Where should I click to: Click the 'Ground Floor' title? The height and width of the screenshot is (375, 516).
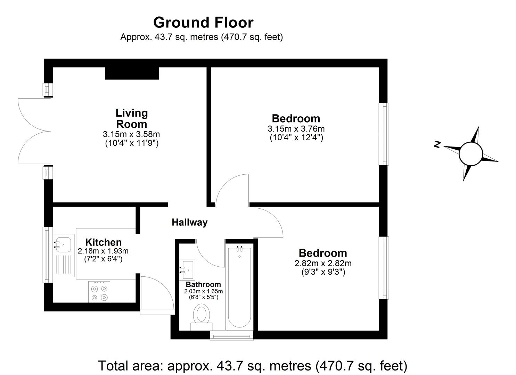[203, 23]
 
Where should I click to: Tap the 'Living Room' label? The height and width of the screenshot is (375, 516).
[131, 118]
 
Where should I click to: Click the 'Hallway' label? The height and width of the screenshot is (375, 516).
[189, 222]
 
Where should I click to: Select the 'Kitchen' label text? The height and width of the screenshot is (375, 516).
[103, 242]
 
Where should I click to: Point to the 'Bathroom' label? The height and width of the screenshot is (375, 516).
[203, 285]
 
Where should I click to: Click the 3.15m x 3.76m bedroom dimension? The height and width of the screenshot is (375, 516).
[296, 129]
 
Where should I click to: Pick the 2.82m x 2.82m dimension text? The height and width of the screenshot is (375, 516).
[323, 264]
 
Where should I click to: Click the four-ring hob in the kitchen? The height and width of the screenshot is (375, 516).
[99, 292]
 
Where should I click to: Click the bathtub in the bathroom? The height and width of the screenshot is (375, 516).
[238, 288]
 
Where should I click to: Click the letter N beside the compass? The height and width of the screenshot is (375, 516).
[437, 144]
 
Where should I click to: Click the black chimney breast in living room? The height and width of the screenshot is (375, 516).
[132, 73]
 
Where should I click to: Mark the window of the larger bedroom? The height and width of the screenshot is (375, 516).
[384, 134]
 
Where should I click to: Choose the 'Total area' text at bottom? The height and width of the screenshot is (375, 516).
[253, 366]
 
